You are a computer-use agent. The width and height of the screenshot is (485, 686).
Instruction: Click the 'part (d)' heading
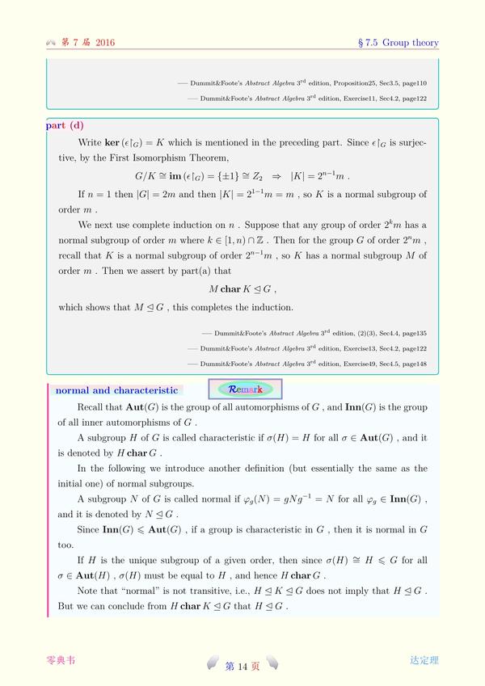click(65, 125)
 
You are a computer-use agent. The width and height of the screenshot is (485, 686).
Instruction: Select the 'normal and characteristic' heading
click(116, 390)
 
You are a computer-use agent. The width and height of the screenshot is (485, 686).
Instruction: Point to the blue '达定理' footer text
click(424, 660)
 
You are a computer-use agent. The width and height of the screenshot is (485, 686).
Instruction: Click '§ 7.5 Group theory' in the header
click(399, 43)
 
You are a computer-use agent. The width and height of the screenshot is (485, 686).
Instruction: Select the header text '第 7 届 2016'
click(88, 43)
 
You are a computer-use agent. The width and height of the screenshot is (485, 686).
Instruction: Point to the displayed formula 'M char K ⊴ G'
click(242, 288)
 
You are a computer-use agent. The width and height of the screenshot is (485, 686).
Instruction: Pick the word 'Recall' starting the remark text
click(91, 407)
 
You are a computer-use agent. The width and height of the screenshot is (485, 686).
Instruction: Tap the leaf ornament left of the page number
click(212, 664)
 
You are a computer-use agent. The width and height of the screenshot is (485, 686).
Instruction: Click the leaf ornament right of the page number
click(273, 664)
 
